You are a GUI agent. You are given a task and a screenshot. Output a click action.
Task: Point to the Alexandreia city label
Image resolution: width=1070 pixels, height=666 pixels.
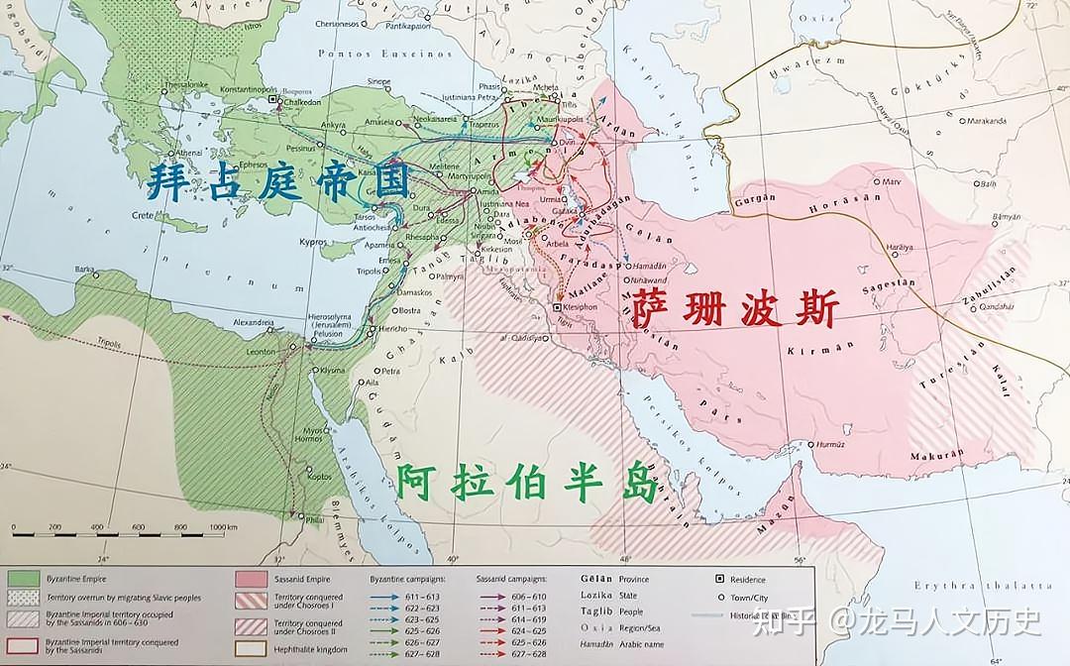[x=253, y=322]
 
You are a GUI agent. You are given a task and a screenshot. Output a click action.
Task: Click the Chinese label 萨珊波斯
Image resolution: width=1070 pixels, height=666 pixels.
[x=734, y=309]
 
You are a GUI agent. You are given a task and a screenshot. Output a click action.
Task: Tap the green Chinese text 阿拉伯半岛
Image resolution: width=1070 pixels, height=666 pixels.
[x=525, y=484]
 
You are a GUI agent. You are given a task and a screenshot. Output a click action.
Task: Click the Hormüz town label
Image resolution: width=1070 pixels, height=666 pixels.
[x=829, y=445]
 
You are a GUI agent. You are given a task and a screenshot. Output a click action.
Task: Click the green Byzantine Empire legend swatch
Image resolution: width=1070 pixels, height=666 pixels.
[x=23, y=579]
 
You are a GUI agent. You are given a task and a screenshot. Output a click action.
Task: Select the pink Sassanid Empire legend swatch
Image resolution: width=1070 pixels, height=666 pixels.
[x=251, y=579]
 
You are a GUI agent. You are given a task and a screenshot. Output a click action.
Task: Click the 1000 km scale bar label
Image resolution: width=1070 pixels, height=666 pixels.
[x=222, y=526]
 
